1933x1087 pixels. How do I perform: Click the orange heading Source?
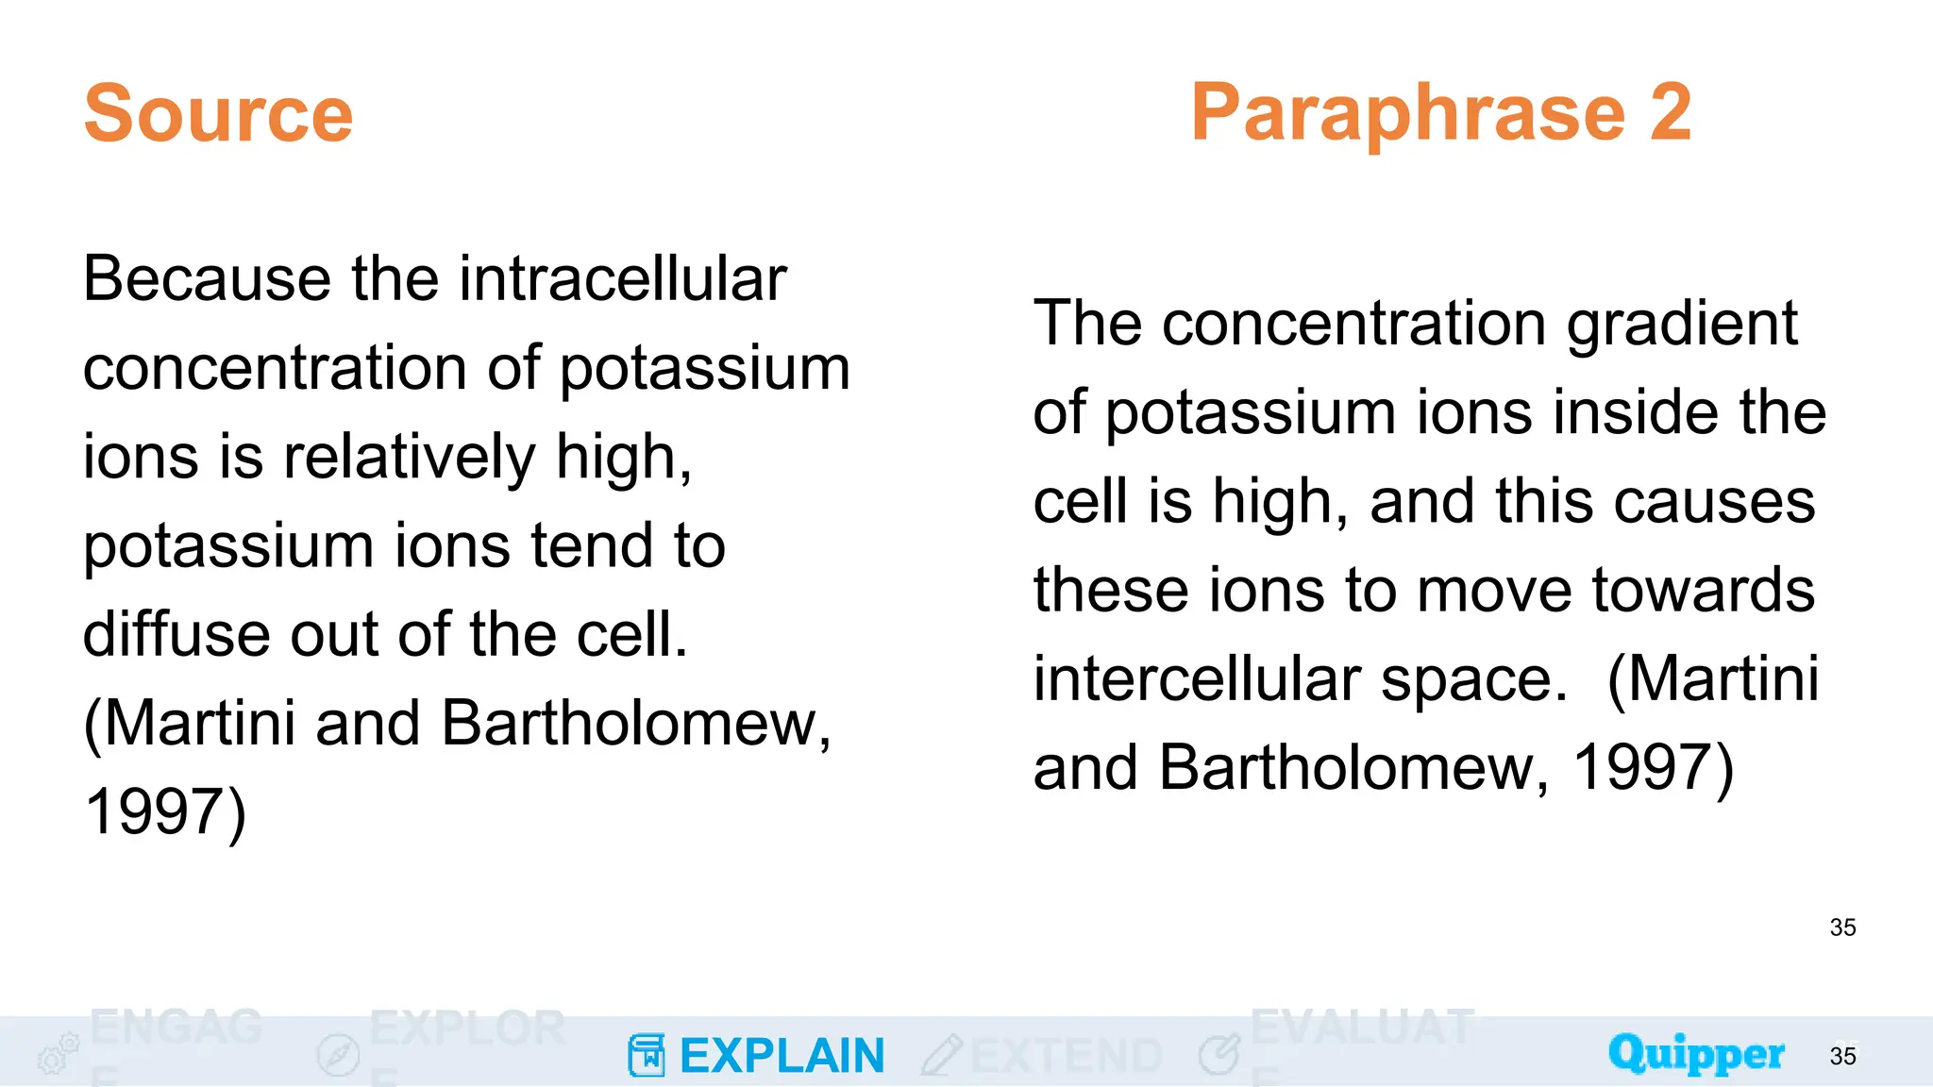coord(218,114)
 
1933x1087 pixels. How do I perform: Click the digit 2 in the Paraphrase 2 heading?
coord(1670,112)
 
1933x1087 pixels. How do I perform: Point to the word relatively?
coord(409,457)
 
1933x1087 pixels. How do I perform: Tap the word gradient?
coord(1683,325)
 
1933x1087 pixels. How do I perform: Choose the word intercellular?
coord(1198,679)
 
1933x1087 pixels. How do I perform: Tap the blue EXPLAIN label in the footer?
coord(782,1056)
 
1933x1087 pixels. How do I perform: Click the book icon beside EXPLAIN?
coord(647,1055)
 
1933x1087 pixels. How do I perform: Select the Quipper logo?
coord(1696,1054)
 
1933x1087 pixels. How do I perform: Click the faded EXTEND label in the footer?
coord(1066,1056)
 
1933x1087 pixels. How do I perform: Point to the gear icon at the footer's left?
coord(58,1053)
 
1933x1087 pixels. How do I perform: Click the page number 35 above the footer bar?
coord(1842,928)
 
